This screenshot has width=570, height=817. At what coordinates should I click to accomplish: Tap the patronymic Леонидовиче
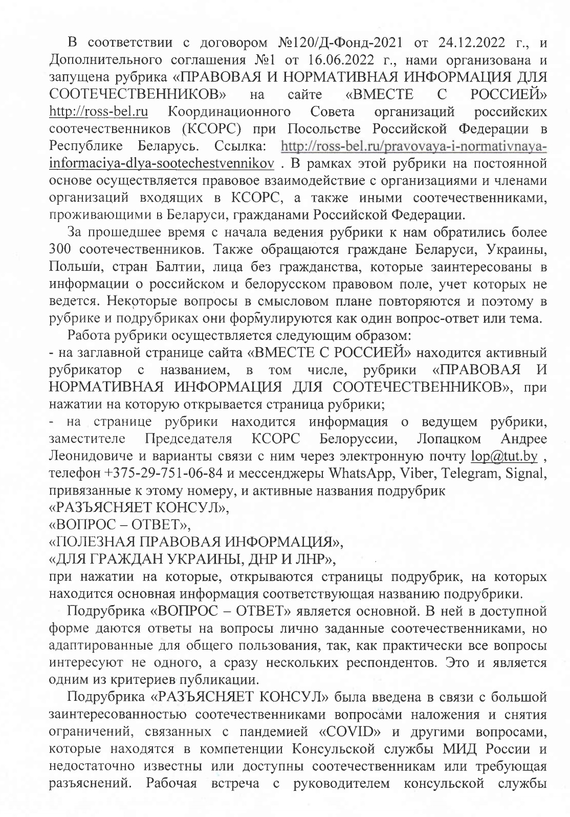[x=89, y=456]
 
